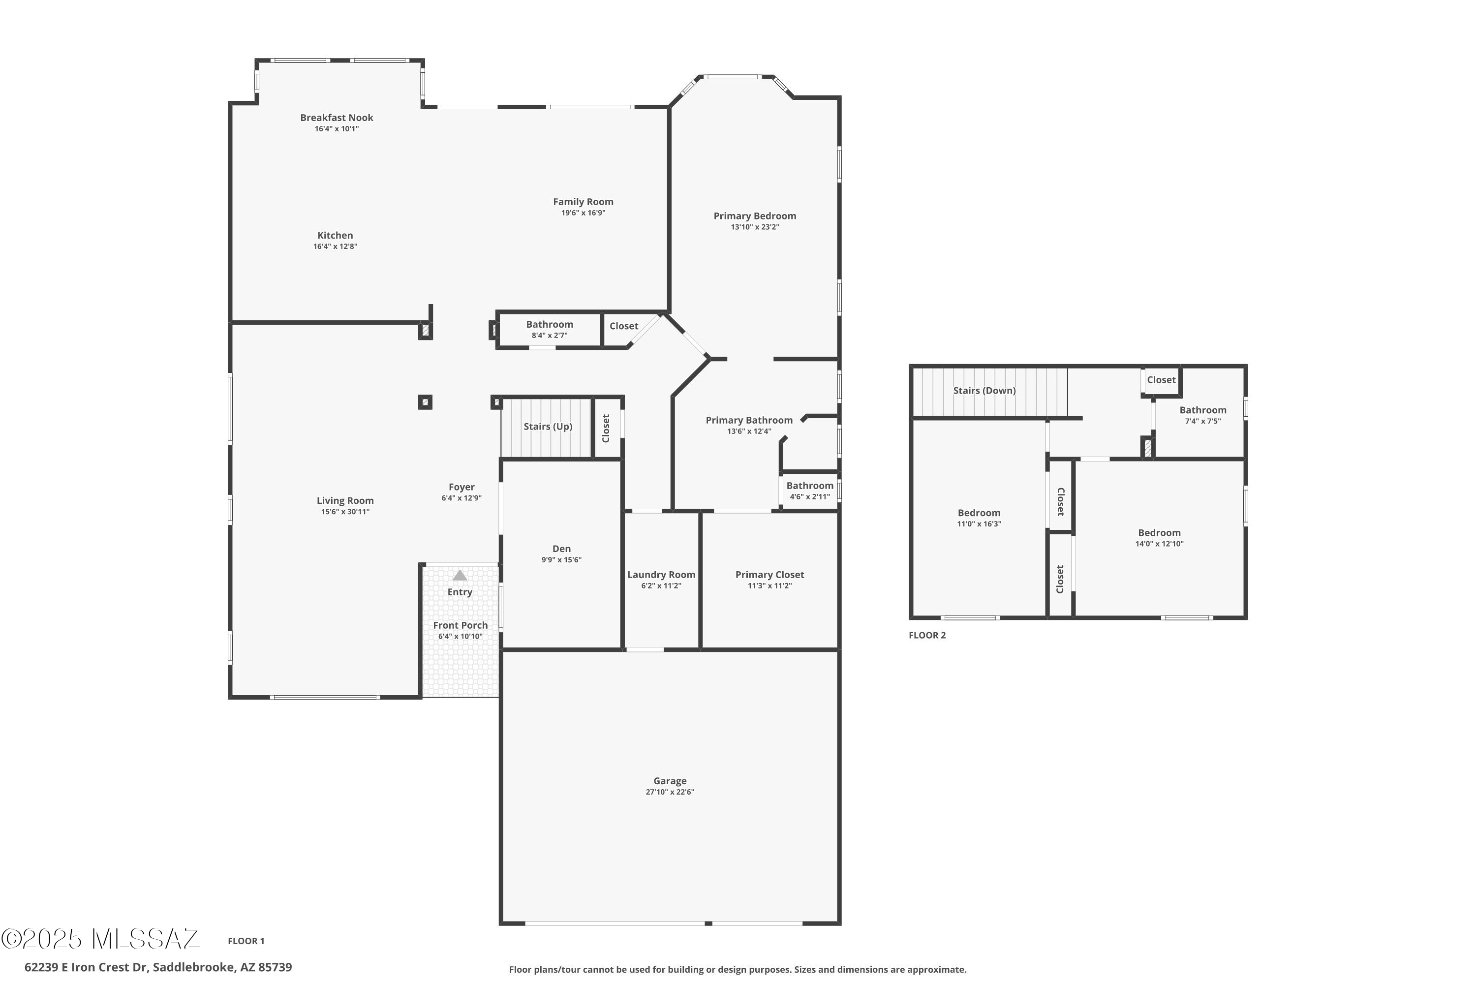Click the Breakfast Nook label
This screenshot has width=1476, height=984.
point(337,118)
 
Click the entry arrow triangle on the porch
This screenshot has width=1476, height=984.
point(460,576)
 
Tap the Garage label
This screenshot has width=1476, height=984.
point(670,781)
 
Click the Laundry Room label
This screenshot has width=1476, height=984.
point(661,575)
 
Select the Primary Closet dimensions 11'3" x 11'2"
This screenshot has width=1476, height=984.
point(769,586)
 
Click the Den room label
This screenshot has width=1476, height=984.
point(561,549)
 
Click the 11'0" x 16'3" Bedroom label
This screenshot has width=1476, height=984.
point(979,513)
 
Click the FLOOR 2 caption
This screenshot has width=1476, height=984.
point(927,636)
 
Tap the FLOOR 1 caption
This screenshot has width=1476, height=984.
point(246,941)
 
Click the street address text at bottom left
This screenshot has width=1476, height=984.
point(158,968)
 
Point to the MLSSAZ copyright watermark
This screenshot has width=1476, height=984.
point(100,939)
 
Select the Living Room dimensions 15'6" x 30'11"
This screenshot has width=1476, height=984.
point(345,512)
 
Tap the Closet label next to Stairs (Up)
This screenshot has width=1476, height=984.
point(606,429)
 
